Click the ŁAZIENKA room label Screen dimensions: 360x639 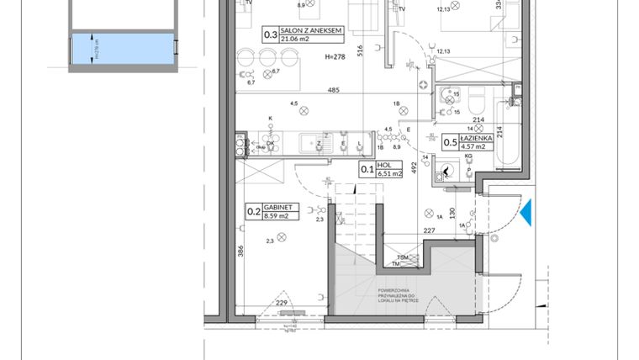click(x=481, y=138)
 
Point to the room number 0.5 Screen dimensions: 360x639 click(x=450, y=143)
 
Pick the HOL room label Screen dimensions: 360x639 click(x=384, y=165)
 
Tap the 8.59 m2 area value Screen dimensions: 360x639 click(x=276, y=216)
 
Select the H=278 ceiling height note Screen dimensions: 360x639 click(x=335, y=56)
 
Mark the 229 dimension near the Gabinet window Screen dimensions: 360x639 click(x=283, y=304)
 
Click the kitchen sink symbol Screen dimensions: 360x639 click(x=322, y=144)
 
